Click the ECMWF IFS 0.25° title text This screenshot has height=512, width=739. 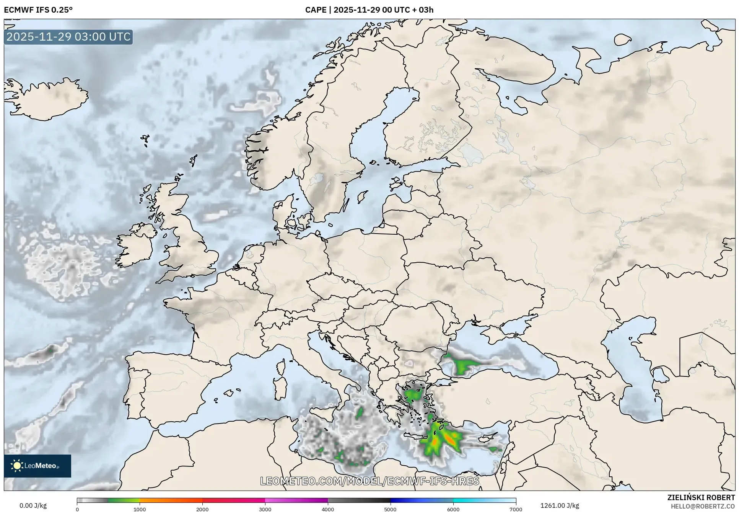pyautogui.click(x=38, y=10)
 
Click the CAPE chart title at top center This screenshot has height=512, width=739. pyautogui.click(x=369, y=10)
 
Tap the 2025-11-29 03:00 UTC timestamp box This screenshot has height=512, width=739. pyautogui.click(x=68, y=37)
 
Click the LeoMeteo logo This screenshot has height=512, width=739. pyautogui.click(x=37, y=466)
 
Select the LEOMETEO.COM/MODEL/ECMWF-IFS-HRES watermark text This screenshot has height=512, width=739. pyautogui.click(x=369, y=481)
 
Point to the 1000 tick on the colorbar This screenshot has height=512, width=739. pyautogui.click(x=140, y=509)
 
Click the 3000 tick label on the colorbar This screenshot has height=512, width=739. pyautogui.click(x=265, y=509)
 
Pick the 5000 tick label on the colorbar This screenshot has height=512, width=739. pyautogui.click(x=390, y=509)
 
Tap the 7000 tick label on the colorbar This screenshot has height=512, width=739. pyautogui.click(x=516, y=509)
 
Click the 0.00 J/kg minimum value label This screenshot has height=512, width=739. pyautogui.click(x=33, y=505)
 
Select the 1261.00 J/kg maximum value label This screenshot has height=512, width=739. pyautogui.click(x=560, y=505)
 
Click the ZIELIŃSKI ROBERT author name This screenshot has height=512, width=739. pyautogui.click(x=701, y=497)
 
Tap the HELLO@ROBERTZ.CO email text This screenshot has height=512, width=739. pyautogui.click(x=703, y=506)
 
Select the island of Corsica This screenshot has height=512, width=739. pyautogui.click(x=281, y=367)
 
